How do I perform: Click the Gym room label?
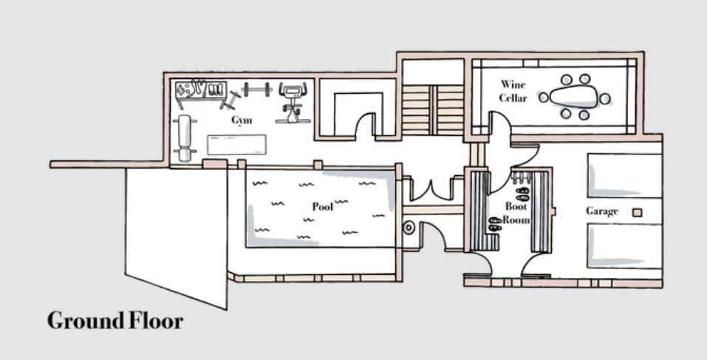pos(242,120)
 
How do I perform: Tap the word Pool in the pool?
pos(322,206)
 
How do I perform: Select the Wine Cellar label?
pos(513,91)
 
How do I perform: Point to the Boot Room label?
pos(516,213)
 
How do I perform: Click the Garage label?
pos(601,211)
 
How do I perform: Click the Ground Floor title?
pos(115,321)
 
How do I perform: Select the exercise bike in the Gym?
pos(293,102)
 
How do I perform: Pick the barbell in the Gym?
pos(256,90)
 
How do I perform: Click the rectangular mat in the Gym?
pos(236,144)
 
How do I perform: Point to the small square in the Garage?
pos(637,213)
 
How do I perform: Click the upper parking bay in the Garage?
pos(624,174)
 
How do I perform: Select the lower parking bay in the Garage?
pos(624,245)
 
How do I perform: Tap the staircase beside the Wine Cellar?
pos(432,109)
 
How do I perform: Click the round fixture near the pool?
pos(409,228)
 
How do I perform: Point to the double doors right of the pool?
pos(431,189)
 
